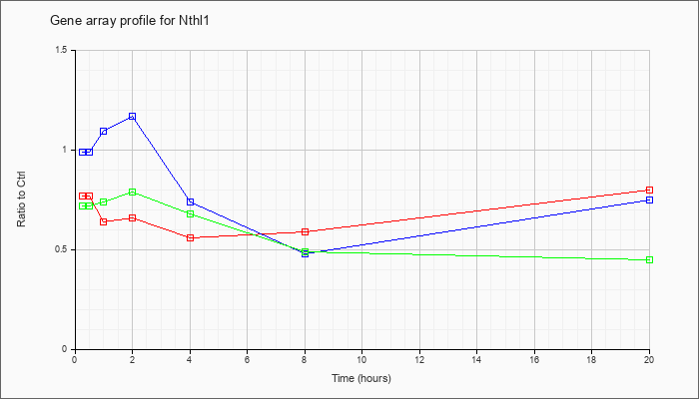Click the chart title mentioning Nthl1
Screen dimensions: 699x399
(129, 21)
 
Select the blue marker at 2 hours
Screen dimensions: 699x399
(133, 117)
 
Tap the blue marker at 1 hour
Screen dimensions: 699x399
(104, 132)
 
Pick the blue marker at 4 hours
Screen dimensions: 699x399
(191, 201)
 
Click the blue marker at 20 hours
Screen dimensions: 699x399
(649, 199)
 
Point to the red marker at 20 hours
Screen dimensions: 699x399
(649, 191)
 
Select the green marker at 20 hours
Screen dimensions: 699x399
(649, 259)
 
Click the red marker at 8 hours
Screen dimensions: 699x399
(305, 231)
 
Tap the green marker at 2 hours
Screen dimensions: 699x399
(133, 192)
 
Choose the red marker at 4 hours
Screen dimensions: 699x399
(191, 237)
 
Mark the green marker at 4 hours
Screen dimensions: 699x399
(191, 213)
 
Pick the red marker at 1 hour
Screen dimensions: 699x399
(104, 221)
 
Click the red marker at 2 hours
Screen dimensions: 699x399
(133, 217)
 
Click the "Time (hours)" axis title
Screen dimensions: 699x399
(361, 379)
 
